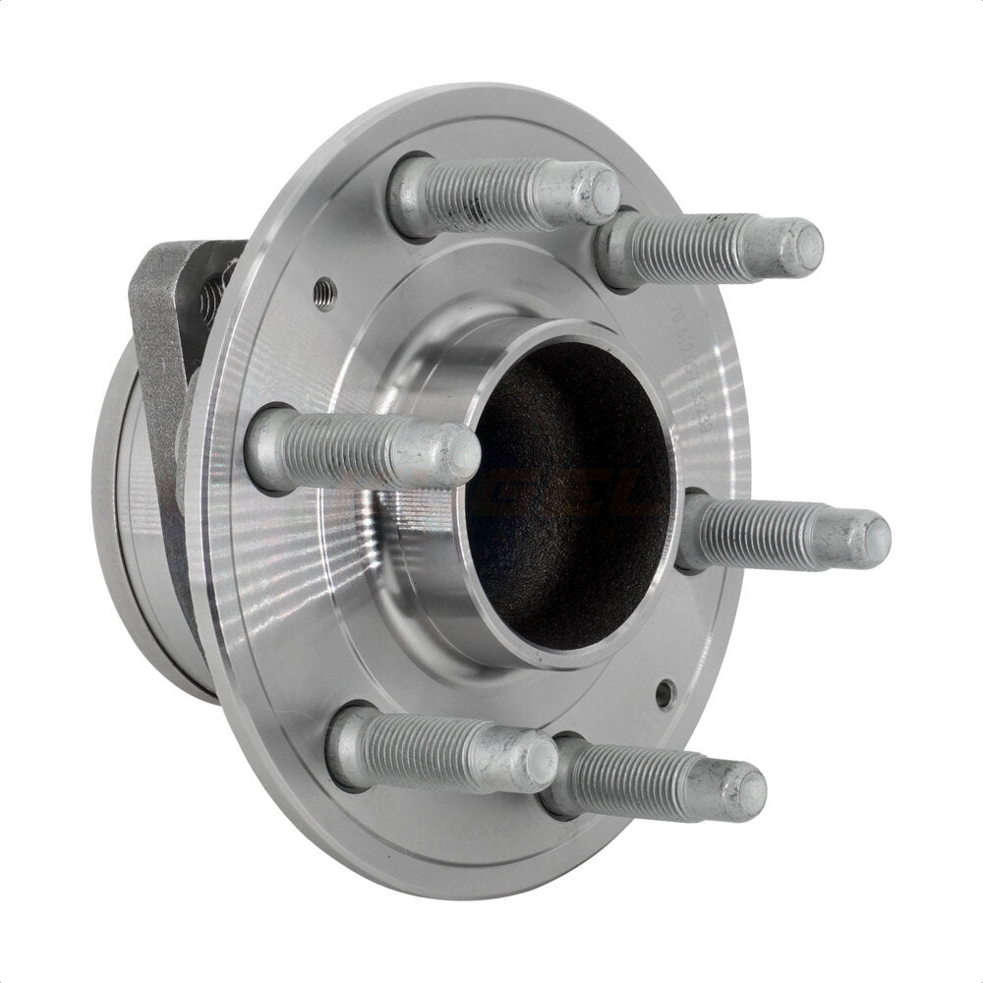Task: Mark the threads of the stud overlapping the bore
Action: coord(344,450)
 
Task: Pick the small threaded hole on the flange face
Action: coord(324,292)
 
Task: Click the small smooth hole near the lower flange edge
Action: coord(666,693)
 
